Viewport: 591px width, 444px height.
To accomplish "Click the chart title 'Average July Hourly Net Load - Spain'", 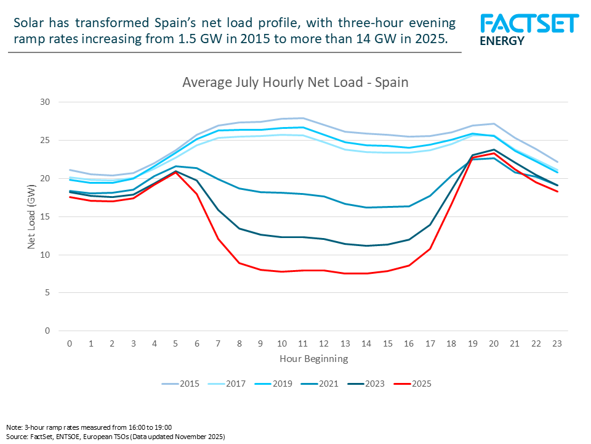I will pyautogui.click(x=295, y=82).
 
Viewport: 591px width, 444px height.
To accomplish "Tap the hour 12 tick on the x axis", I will pyautogui.click(x=324, y=343).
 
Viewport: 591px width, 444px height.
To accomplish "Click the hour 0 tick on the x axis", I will pyautogui.click(x=70, y=343).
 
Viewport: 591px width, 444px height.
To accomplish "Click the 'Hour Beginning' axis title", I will pyautogui.click(x=313, y=358).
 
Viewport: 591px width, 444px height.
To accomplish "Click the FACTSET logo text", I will pyautogui.click(x=529, y=23).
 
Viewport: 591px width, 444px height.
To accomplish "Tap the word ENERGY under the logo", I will pyautogui.click(x=502, y=41).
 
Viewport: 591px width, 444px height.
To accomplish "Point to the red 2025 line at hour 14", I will pyautogui.click(x=366, y=273).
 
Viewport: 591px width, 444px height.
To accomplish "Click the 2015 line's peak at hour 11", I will pyautogui.click(x=302, y=118).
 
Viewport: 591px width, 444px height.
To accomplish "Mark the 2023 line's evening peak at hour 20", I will pyautogui.click(x=492, y=149).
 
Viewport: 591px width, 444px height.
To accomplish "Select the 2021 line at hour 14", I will pyautogui.click(x=366, y=207).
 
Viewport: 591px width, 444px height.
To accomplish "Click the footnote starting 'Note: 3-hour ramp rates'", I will pyautogui.click(x=89, y=427).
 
